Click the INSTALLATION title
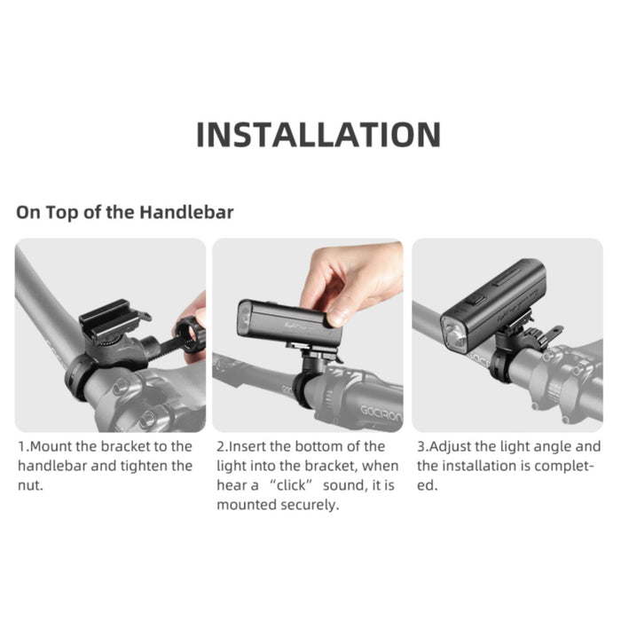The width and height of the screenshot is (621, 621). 318,135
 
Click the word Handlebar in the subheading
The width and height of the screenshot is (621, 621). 186,212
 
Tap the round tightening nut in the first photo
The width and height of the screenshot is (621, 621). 190,334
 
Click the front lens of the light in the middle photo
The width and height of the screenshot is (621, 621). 245,318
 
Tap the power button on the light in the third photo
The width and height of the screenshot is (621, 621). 477,300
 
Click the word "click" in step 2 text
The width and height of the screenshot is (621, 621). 291,485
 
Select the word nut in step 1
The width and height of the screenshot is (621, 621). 29,485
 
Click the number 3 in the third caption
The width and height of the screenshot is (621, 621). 421,447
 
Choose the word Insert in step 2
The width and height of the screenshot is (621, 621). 248,447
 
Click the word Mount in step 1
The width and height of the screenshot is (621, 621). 51,447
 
